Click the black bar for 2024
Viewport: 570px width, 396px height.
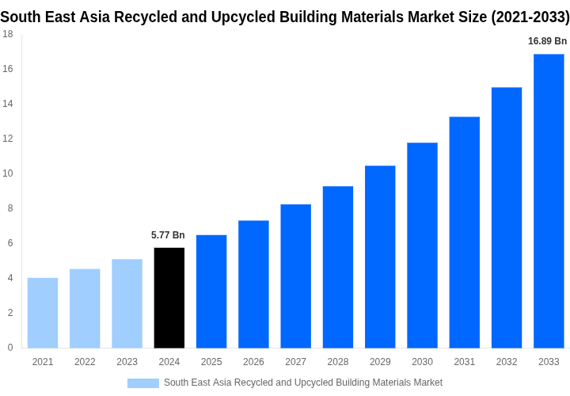[x=169, y=298]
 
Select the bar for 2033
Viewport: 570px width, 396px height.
[x=549, y=201]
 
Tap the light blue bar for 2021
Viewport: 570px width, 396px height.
[x=43, y=313]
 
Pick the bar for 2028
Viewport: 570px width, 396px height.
[x=338, y=267]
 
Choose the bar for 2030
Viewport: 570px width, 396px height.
[x=422, y=246]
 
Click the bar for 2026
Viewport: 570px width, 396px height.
[x=253, y=284]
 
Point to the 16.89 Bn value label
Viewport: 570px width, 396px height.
[x=548, y=41]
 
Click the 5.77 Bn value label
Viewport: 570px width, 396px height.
[x=168, y=235]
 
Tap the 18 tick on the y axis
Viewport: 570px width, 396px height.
[x=7, y=34]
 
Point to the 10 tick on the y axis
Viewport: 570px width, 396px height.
[x=7, y=173]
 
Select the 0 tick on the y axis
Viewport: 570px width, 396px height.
[x=10, y=348]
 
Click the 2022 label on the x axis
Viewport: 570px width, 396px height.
[x=85, y=362]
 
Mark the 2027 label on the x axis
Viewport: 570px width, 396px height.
[x=295, y=362]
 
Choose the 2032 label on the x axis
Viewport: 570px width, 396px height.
[x=507, y=362]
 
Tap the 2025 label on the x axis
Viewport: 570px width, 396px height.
[x=211, y=362]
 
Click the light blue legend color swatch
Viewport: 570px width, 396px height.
[x=143, y=383]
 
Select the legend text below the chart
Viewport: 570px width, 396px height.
[x=303, y=383]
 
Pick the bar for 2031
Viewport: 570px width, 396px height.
[x=465, y=232]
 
